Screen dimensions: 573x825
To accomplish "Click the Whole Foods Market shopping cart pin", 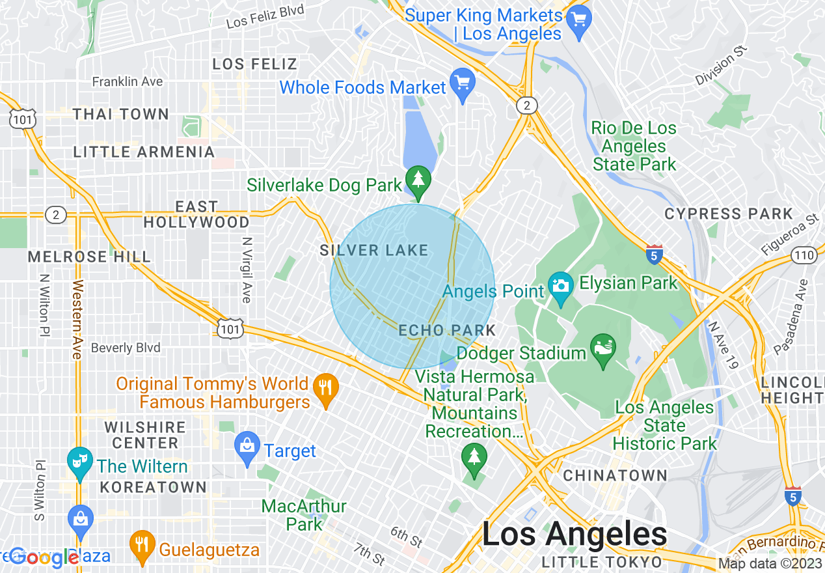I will tap(463, 83).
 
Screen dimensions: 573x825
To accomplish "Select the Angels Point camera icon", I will tap(560, 286).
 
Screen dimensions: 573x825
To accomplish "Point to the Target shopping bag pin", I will tap(247, 447).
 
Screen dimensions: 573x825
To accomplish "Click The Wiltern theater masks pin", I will tap(80, 462).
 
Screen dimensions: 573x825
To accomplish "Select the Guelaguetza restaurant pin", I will tap(141, 546).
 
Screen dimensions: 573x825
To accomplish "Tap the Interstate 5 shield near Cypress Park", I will tap(655, 255).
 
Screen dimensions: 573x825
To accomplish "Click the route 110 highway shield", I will tap(805, 255).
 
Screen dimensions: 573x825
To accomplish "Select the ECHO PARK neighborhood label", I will tap(447, 330).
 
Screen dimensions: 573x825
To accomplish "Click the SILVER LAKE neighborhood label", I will tap(374, 250).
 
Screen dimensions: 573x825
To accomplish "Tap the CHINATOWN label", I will tap(615, 475).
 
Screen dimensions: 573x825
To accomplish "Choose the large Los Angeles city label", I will tap(575, 535).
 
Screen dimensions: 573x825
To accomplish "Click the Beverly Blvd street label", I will tap(126, 348).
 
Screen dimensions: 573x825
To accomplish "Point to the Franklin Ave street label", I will tap(128, 81).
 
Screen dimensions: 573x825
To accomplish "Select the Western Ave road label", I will tap(77, 319).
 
